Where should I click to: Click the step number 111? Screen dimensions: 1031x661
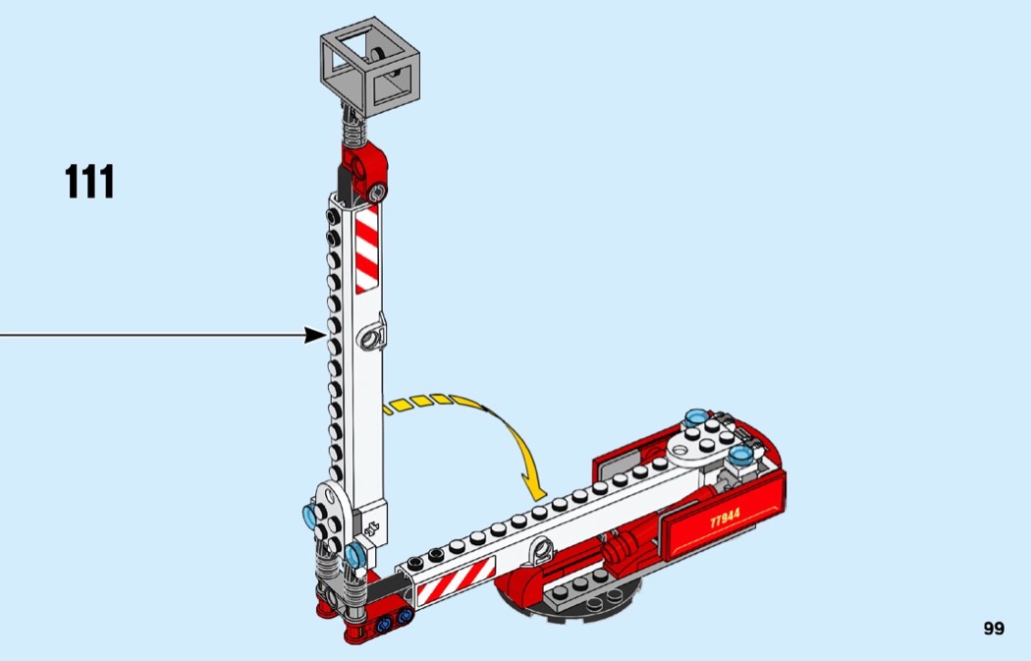[x=89, y=182]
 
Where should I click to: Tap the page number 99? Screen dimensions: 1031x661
[x=994, y=629]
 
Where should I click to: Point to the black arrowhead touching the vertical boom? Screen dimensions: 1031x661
[x=315, y=336]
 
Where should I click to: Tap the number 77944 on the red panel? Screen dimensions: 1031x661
[x=725, y=517]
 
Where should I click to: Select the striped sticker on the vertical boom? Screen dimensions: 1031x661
[x=367, y=248]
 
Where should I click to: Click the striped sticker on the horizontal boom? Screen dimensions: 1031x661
[x=456, y=580]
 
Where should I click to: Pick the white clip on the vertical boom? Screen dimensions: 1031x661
[x=372, y=336]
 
